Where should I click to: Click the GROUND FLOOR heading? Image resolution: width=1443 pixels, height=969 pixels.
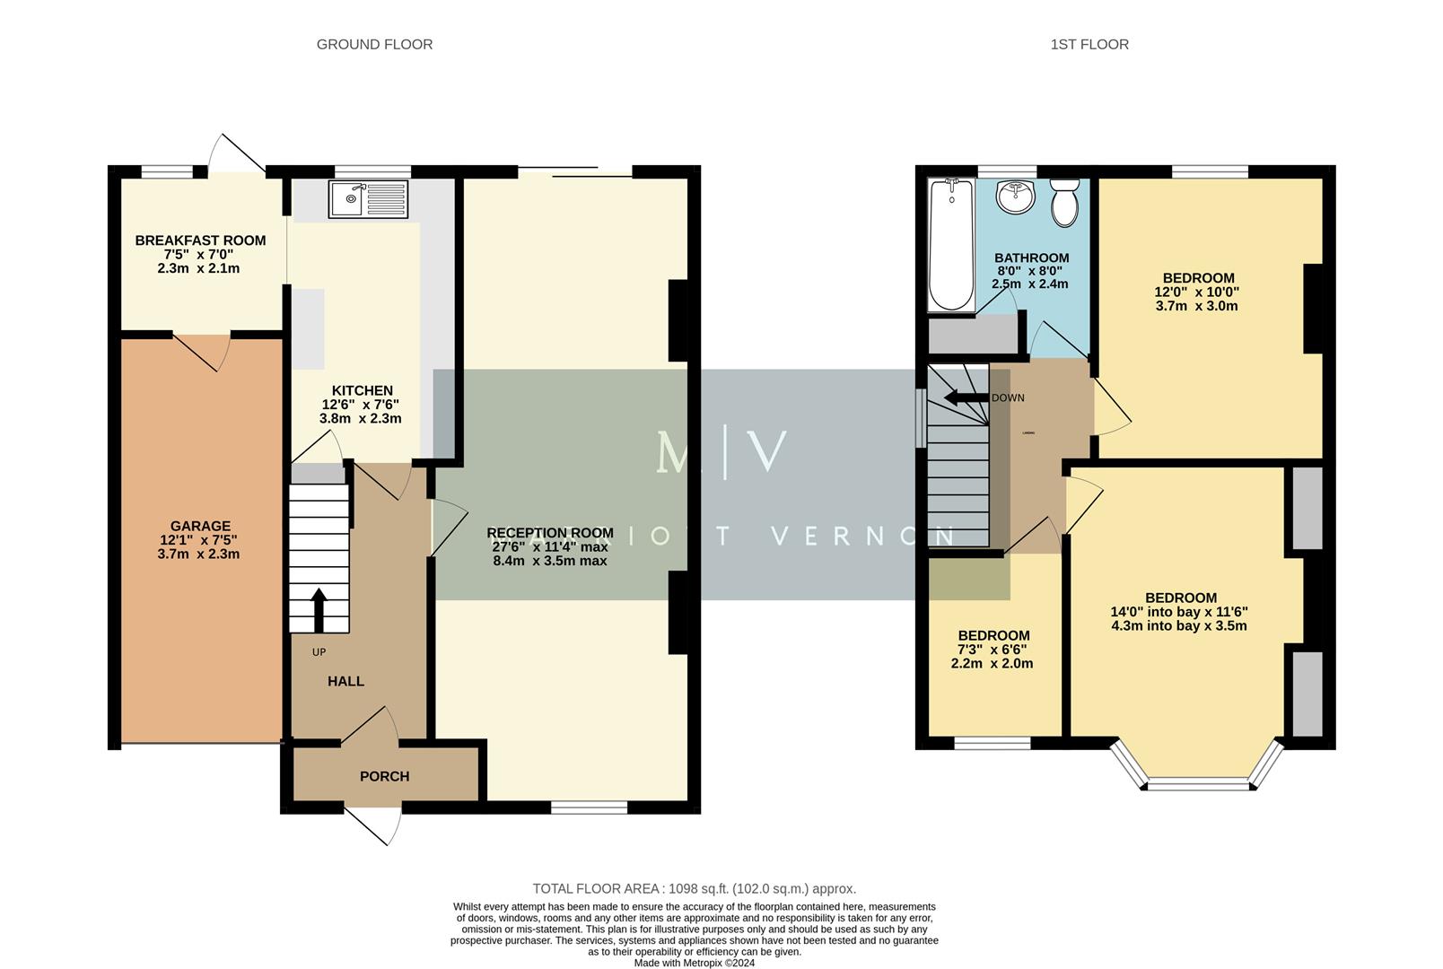[x=374, y=44]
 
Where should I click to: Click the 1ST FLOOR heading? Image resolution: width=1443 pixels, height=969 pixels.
[x=1089, y=44]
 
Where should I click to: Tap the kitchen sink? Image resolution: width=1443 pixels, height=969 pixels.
[x=369, y=199]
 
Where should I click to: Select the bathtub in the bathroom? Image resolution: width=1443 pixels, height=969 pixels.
[x=949, y=244]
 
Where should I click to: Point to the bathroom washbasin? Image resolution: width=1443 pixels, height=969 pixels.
[x=1015, y=196]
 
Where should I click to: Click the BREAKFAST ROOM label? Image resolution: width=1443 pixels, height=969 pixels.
[x=200, y=240]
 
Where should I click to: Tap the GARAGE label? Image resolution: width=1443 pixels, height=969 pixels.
[x=200, y=527]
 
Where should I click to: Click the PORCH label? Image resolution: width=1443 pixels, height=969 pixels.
[x=384, y=776]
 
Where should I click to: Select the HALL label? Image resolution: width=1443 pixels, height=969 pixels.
[x=345, y=681]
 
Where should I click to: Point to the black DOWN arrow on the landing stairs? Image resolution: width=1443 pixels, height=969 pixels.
[x=960, y=397]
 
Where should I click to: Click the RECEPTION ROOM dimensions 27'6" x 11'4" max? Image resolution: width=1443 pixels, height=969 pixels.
[x=549, y=546]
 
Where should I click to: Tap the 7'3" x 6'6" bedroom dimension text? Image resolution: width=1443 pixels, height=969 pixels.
[x=992, y=650]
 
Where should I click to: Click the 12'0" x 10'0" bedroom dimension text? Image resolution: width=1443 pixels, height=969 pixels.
[x=1196, y=292]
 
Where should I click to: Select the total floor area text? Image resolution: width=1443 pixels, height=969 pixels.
[x=694, y=888]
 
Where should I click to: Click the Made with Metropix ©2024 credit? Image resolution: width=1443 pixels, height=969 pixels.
[x=694, y=963]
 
